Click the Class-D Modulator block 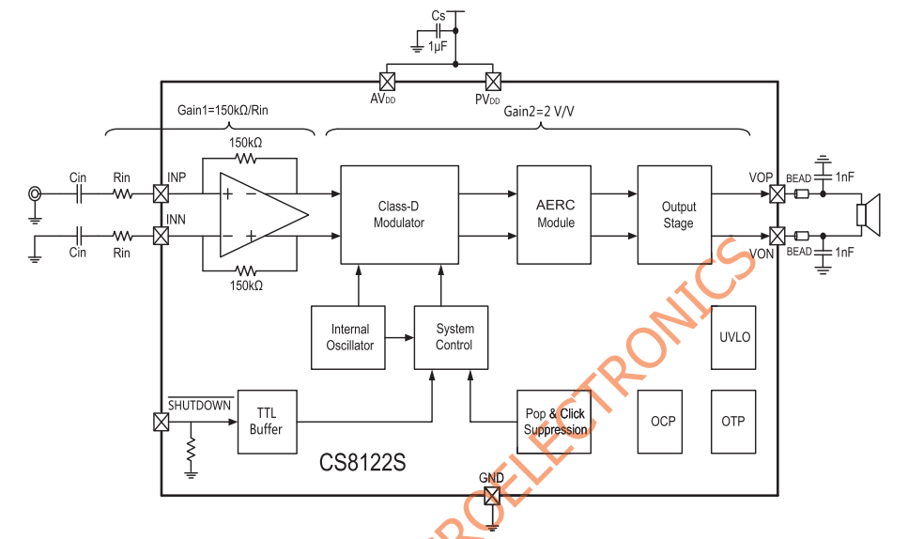pos(399,215)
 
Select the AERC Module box pos(555,215)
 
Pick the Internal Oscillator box pos(349,337)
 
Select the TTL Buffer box pos(266,422)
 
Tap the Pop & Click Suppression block pos(555,422)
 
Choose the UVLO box pos(733,337)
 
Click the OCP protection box pos(663,422)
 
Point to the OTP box pos(733,422)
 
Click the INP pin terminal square pos(161,194)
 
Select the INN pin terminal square pos(161,235)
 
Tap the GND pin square pos(492,494)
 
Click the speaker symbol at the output pos(870,214)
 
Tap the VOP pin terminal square pos(777,194)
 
